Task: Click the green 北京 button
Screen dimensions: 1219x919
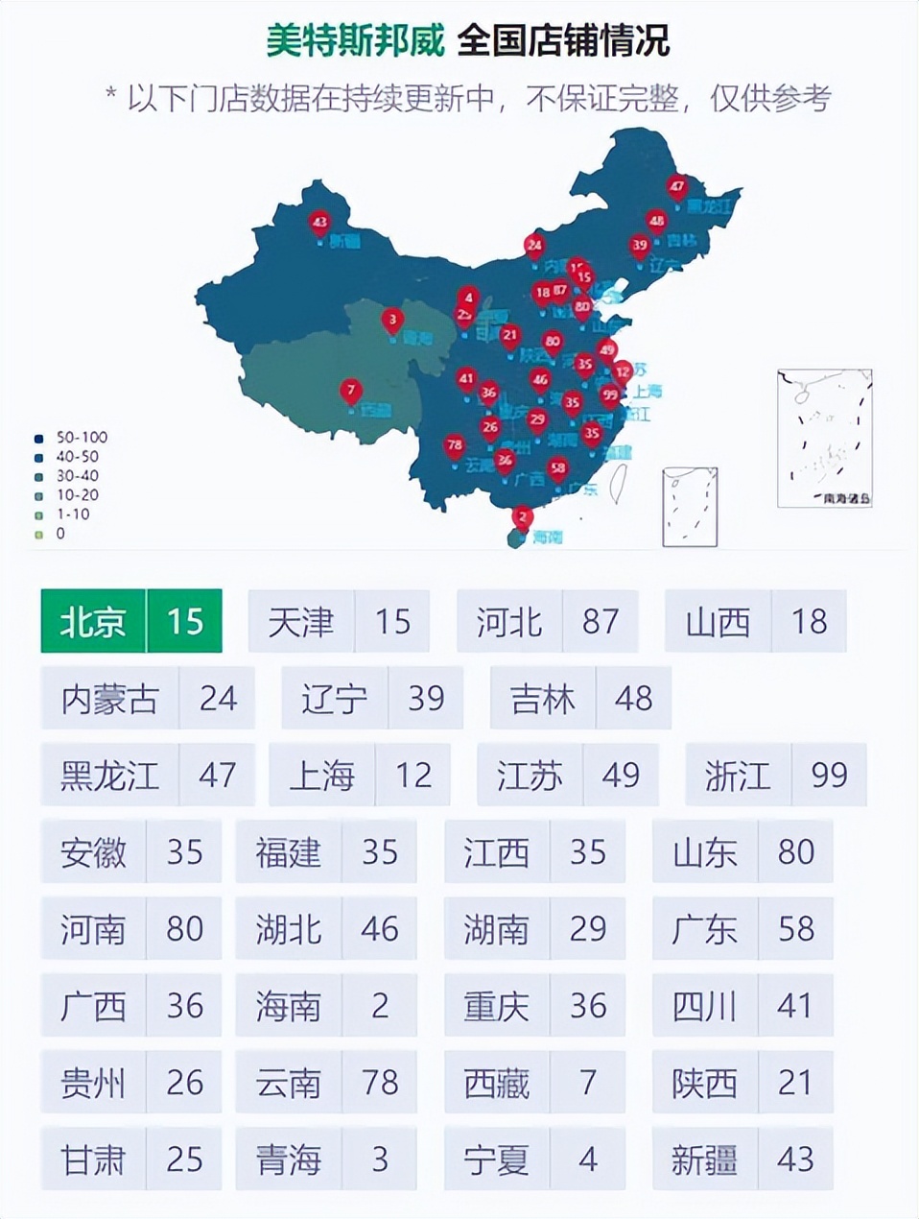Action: point(93,622)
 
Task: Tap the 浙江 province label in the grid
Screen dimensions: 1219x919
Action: point(738,776)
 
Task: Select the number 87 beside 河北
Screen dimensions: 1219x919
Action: point(601,622)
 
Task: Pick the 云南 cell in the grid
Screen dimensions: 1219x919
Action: point(288,1083)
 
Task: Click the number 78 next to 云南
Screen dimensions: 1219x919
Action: point(380,1083)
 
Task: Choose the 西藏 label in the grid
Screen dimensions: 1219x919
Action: point(496,1083)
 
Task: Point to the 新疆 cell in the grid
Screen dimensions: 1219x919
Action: point(704,1159)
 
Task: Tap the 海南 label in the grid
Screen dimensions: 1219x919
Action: point(288,1006)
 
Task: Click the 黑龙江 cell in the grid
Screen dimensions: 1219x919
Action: point(109,776)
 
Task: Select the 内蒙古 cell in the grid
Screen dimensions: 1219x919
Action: point(109,699)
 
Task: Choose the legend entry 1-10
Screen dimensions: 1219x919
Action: point(72,514)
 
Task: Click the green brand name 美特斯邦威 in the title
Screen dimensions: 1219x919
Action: point(355,41)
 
